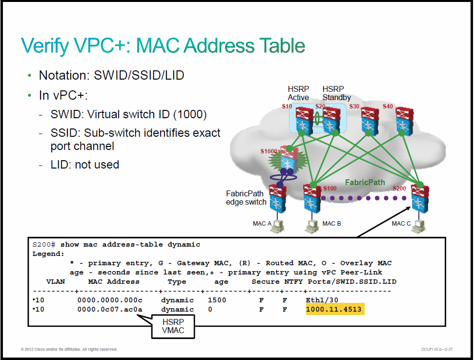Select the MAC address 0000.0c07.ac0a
(110, 309)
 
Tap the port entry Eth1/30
(322, 300)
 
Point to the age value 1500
(217, 300)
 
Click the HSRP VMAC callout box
(173, 326)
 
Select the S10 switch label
(287, 106)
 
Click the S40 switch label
(388, 106)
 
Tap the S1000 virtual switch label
(269, 151)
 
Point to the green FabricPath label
(365, 182)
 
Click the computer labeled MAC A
(277, 226)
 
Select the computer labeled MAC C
(420, 226)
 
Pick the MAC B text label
(331, 224)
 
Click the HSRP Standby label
(336, 93)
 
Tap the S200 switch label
(399, 189)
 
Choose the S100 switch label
(330, 189)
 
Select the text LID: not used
(85, 165)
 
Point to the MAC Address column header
(114, 281)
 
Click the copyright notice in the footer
(69, 349)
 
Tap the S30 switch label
(354, 106)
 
